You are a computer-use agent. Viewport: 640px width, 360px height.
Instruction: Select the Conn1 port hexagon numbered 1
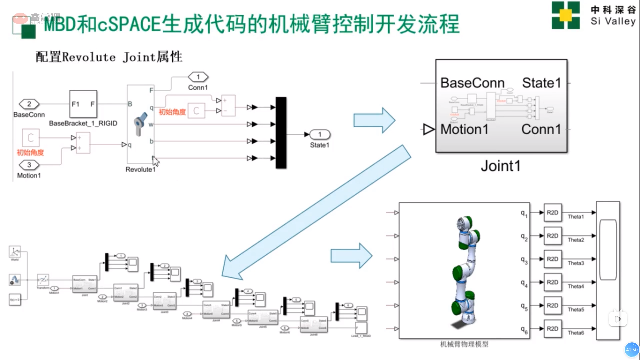click(198, 77)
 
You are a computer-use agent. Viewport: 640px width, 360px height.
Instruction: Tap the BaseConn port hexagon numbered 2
click(29, 104)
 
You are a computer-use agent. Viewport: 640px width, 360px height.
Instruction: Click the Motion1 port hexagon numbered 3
click(29, 165)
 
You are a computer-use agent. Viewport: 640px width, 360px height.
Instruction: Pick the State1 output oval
click(320, 134)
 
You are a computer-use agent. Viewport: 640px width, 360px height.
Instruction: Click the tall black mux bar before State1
click(281, 133)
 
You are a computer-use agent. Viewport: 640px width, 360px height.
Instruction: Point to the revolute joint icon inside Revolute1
click(140, 124)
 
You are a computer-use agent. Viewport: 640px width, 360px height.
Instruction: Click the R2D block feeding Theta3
click(552, 259)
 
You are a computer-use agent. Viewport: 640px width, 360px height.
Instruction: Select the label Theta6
click(576, 333)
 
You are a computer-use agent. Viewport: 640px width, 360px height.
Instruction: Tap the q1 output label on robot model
click(524, 213)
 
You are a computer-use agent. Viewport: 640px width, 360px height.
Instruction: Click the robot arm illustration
click(467, 270)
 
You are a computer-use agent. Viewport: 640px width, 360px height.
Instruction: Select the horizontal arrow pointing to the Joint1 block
click(374, 120)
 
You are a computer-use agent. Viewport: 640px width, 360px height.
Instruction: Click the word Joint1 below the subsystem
click(500, 166)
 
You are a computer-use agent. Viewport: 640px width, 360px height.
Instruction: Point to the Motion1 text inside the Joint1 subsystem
click(464, 129)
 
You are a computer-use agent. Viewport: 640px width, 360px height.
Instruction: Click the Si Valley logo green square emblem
click(565, 15)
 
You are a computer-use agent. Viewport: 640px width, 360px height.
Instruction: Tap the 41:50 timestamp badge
click(631, 350)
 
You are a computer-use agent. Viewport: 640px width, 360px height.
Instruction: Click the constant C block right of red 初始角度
click(196, 111)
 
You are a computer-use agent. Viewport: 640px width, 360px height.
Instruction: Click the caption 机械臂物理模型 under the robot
click(464, 344)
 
